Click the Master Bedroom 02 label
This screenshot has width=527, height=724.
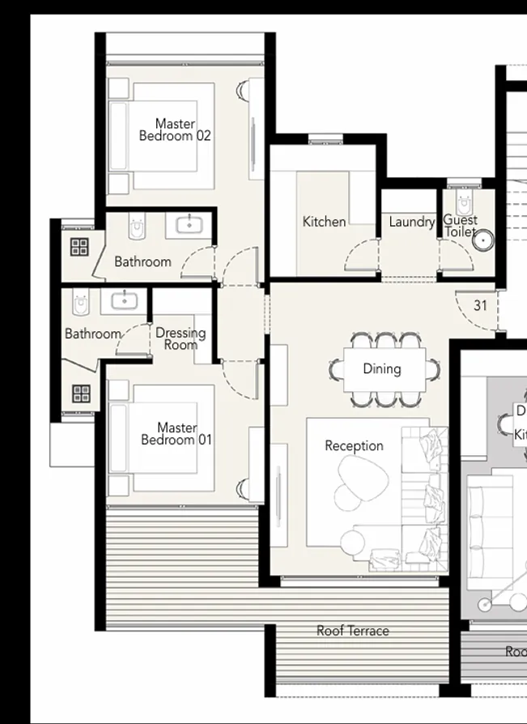click(x=175, y=130)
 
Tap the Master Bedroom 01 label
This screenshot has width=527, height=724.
click(x=176, y=433)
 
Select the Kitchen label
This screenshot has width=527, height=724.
click(x=324, y=221)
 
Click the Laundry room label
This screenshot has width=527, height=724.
click(x=411, y=221)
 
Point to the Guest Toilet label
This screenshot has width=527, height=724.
click(x=460, y=226)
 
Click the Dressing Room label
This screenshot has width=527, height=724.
click(x=181, y=339)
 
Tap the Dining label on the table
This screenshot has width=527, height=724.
click(x=381, y=368)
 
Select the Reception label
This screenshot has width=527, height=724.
click(x=354, y=445)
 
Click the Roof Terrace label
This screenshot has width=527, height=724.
click(x=352, y=631)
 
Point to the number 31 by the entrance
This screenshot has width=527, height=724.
click(x=480, y=305)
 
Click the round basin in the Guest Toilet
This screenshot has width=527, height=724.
click(x=483, y=241)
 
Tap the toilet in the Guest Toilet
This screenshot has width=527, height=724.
click(x=464, y=202)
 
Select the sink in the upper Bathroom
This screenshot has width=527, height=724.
click(x=189, y=224)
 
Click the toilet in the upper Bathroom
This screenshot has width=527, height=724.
click(x=138, y=228)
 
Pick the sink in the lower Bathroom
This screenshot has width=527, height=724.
click(x=124, y=301)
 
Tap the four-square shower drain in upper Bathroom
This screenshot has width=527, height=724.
click(x=79, y=247)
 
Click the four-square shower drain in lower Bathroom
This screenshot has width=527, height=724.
click(x=81, y=394)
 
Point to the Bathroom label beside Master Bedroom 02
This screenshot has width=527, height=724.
click(x=142, y=262)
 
